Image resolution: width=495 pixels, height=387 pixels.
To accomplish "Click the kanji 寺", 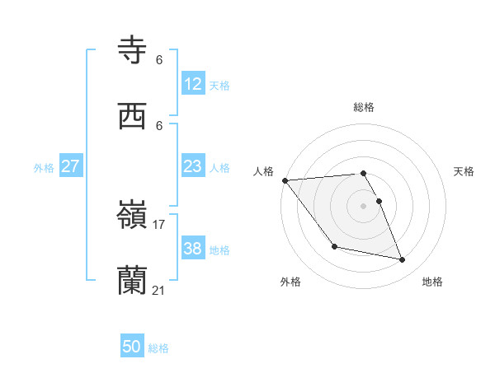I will pos(133,49).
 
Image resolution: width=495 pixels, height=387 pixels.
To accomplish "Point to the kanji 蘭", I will pos(133,281).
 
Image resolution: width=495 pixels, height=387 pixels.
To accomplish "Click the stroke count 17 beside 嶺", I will pos(159,224).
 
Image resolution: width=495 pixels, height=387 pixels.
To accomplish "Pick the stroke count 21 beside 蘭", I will pos(159,290).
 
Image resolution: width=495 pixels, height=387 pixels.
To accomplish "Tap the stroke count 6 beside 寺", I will pos(159,59).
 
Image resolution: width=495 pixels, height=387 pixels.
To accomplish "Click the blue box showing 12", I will pos(193,83).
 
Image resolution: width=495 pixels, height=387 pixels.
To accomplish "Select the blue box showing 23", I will pos(193,166).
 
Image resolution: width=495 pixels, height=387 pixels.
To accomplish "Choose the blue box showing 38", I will pos(193,249).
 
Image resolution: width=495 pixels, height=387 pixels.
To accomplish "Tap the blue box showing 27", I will pos(70,166).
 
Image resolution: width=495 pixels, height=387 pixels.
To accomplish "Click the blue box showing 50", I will pos(132,347).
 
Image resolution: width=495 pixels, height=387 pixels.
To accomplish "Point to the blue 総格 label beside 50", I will pos(158,348).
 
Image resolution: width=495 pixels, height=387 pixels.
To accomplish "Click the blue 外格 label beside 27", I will pos(44,167).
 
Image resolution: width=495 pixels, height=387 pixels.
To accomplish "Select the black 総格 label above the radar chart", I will pos(364,107).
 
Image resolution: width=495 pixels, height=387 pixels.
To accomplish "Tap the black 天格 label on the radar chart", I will pos(464,171).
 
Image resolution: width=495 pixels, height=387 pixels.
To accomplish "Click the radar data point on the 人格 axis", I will pos(285,180).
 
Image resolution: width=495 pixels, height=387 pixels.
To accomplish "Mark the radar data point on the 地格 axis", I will pos(403,260).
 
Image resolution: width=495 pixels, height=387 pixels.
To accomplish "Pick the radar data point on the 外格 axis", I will pos(334,246).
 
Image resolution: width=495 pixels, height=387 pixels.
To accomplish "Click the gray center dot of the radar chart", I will pos(364,206).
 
